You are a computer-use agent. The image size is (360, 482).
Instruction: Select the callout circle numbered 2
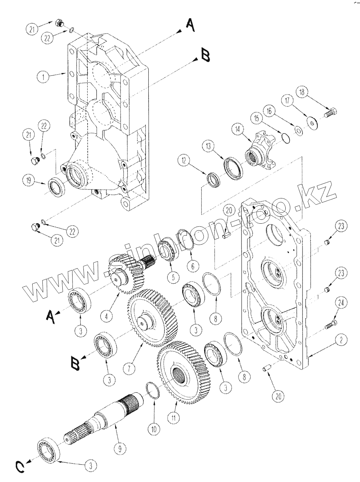(x=342, y=339)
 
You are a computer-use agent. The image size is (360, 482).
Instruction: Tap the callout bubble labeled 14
(x=238, y=129)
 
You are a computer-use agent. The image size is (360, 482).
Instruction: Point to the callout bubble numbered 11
(x=174, y=418)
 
